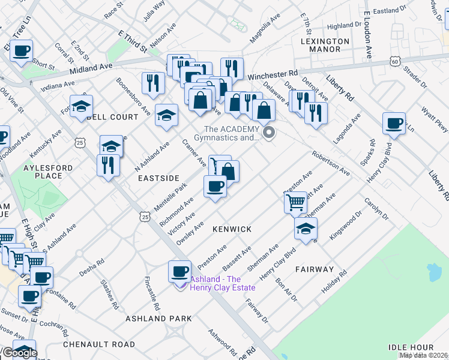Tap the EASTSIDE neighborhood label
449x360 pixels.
158,178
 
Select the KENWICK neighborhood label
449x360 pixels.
231,229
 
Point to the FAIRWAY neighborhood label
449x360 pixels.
314,269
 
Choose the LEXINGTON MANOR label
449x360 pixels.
325,45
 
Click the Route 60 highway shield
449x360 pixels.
394,61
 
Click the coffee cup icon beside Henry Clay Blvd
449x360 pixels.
394,124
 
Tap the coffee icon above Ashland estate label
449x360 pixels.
179,272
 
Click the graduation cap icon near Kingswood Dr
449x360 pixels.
306,229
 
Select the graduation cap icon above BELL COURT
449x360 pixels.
80,106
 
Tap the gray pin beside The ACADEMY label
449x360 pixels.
269,133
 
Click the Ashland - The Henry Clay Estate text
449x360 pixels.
223,283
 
